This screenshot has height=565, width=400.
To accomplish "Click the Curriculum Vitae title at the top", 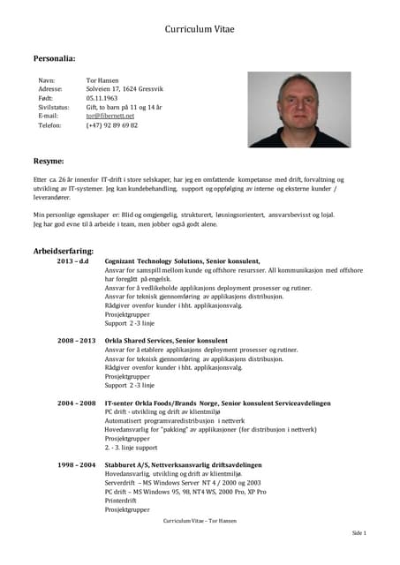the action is tap(200, 29).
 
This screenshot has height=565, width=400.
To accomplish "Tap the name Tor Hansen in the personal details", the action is tap(103, 79).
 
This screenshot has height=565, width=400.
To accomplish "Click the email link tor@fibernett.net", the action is tap(109, 116).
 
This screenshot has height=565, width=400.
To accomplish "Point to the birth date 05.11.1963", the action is tap(103, 97).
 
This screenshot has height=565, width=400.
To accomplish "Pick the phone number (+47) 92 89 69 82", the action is tap(111, 124).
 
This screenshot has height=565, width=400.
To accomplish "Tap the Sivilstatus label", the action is tap(54, 107).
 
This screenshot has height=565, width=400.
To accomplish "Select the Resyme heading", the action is tap(49, 162).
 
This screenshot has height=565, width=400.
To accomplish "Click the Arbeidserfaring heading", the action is tap(63, 252).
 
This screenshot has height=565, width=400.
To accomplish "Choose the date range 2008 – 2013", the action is tap(77, 340).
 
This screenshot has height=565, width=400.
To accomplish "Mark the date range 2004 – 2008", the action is tap(77, 403).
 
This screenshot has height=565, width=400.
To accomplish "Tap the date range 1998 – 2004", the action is tap(77, 464).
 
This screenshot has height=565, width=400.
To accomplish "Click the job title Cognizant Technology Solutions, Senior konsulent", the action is tap(182, 261).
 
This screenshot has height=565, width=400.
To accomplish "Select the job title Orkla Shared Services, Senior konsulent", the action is tap(165, 340).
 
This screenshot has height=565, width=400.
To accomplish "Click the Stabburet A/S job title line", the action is tap(183, 464).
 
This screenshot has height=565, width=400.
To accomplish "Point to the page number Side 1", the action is tap(358, 533).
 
